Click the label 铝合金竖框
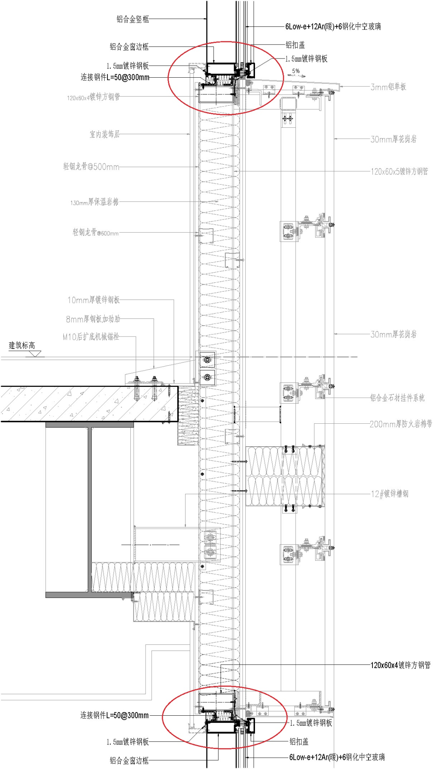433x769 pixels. pyautogui.click(x=132, y=19)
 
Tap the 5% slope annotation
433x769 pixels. pyautogui.click(x=296, y=71)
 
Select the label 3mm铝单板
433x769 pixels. pyautogui.click(x=388, y=87)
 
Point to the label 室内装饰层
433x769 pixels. pyautogui.click(x=105, y=134)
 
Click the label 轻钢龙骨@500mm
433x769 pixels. pyautogui.click(x=91, y=167)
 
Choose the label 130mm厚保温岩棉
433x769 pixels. pyautogui.click(x=95, y=202)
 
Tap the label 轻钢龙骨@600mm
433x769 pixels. pyautogui.click(x=95, y=232)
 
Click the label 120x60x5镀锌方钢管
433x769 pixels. pyautogui.click(x=399, y=171)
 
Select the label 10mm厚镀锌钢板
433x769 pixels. pyautogui.click(x=93, y=300)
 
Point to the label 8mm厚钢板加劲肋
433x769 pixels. pyautogui.click(x=93, y=319)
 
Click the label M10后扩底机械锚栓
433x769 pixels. pyautogui.click(x=91, y=336)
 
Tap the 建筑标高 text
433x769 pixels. pyautogui.click(x=22, y=345)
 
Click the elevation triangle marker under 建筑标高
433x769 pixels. pyautogui.click(x=35, y=354)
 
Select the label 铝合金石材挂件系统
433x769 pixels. pyautogui.click(x=397, y=398)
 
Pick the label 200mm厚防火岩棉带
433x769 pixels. pyautogui.click(x=401, y=424)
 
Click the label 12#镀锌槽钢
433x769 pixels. pyautogui.click(x=390, y=493)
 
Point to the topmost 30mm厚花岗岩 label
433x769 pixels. pyautogui.click(x=393, y=139)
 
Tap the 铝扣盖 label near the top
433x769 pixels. pyautogui.click(x=295, y=45)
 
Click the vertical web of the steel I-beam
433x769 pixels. pyautogui.click(x=90, y=509)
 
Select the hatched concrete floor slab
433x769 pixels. pyautogui.click(x=80, y=403)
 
